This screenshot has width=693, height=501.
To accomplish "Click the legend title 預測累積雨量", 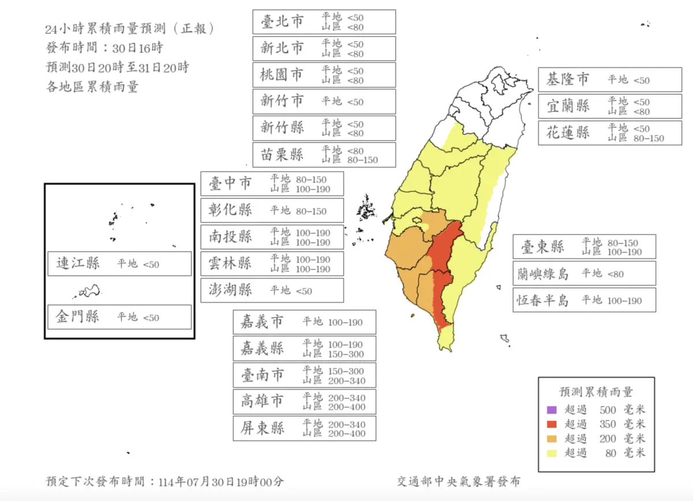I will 596,392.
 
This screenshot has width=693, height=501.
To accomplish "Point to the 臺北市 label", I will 282,22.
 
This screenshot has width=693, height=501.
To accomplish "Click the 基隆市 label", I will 568,80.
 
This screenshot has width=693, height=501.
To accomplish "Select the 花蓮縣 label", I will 568,133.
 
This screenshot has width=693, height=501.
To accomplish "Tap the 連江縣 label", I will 77,264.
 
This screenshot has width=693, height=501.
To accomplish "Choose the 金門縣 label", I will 77,317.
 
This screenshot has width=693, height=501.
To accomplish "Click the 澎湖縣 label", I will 230,290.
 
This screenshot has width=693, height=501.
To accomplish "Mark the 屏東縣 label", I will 263,429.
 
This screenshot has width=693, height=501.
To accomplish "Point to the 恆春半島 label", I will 542,300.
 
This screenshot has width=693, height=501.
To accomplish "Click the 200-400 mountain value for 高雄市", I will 346,407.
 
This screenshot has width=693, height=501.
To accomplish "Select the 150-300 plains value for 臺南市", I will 346,370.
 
